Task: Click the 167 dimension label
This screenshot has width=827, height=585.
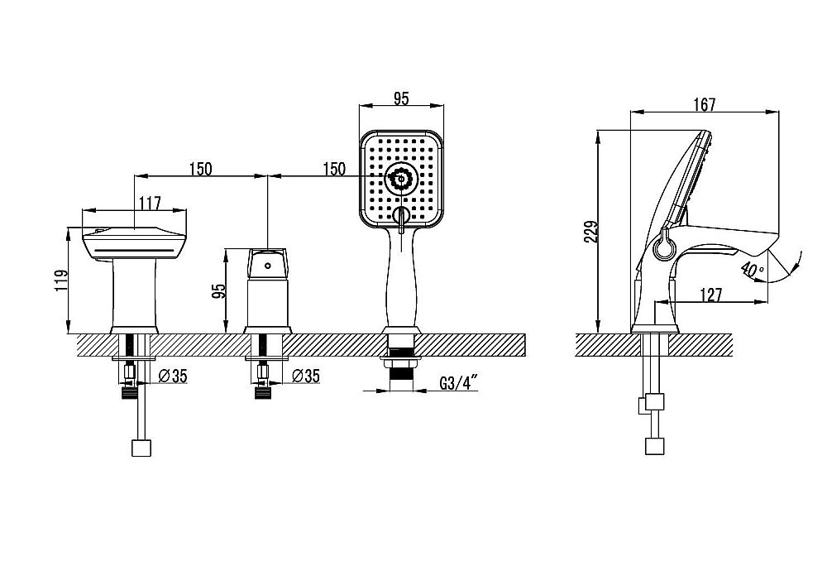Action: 705,104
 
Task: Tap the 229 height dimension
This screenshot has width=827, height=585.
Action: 593,232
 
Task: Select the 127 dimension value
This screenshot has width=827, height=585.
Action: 711,295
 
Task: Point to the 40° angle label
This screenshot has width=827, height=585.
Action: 752,270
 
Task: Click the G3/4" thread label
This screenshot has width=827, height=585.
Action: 458,382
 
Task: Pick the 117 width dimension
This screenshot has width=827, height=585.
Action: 149,203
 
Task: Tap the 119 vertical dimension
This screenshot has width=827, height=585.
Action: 62,281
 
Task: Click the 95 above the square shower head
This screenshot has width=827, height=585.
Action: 401,98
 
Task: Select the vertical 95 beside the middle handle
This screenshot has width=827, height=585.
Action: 218,291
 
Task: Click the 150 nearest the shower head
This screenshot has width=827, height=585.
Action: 334,169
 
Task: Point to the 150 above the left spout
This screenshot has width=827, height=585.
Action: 200,169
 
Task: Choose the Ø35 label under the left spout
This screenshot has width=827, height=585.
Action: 173,376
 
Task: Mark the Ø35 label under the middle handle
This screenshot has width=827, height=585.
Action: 305,376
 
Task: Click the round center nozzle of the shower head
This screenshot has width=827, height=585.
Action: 401,180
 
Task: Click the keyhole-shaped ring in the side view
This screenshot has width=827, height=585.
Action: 662,246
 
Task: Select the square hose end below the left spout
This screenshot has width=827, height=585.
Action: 141,447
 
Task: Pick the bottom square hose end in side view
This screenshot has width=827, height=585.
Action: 654,445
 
